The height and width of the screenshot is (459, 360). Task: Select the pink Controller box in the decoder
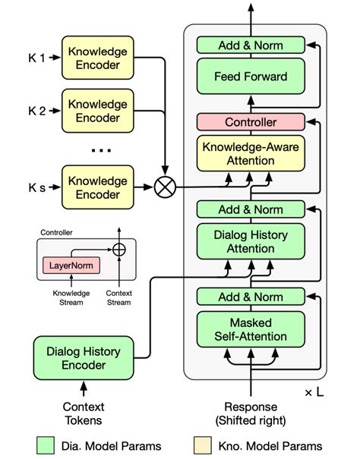tap(251, 121)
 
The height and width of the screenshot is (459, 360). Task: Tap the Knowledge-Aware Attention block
tap(251, 154)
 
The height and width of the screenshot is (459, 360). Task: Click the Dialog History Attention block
tap(251, 243)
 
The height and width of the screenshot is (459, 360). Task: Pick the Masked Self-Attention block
tap(251, 330)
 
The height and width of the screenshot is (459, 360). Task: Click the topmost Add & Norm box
tap(251, 46)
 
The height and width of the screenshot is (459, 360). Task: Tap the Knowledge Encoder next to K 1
tap(97, 58)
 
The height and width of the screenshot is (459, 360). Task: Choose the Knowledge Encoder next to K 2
tap(97, 111)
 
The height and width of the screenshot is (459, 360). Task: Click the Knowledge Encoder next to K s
tap(97, 187)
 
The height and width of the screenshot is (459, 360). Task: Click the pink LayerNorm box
tap(66, 266)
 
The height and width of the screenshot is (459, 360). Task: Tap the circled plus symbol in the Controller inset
tap(118, 248)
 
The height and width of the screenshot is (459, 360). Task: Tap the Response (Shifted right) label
tap(251, 413)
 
